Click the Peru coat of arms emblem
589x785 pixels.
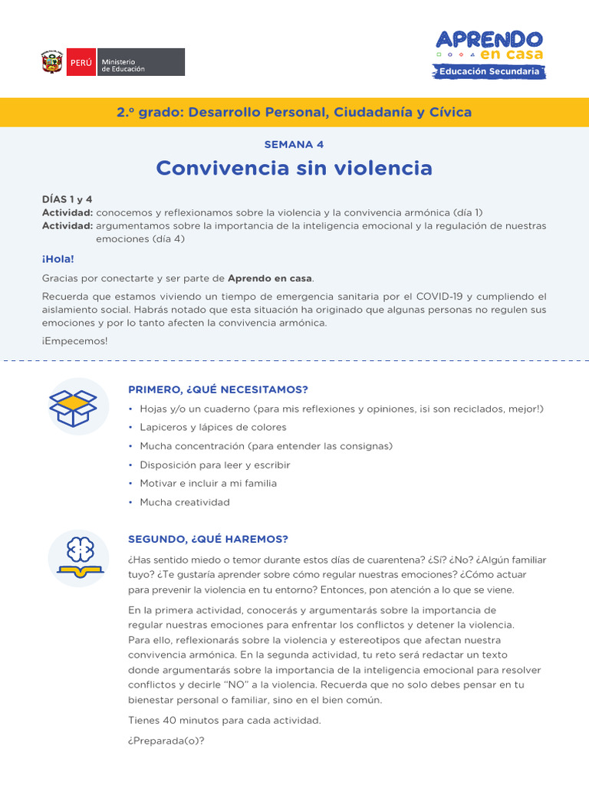tap(52, 62)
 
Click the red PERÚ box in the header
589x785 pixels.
tap(81, 62)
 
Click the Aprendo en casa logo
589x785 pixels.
tap(489, 45)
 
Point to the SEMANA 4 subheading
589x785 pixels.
tap(294, 144)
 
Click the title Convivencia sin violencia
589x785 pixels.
tap(294, 168)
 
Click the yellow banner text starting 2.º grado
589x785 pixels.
tap(294, 113)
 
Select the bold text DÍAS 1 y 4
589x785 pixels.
tap(67, 199)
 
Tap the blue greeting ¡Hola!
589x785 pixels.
tap(58, 259)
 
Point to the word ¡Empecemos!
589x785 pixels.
tap(75, 341)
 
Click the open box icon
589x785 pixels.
tap(73, 407)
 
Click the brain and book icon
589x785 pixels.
tap(78, 557)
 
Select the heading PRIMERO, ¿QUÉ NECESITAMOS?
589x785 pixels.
tap(218, 389)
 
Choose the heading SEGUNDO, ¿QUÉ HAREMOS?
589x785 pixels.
tap(208, 540)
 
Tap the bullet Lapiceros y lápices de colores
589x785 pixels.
tap(212, 427)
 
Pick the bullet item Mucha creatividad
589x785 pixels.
tap(184, 502)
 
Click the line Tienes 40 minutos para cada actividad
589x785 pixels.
tap(225, 720)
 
